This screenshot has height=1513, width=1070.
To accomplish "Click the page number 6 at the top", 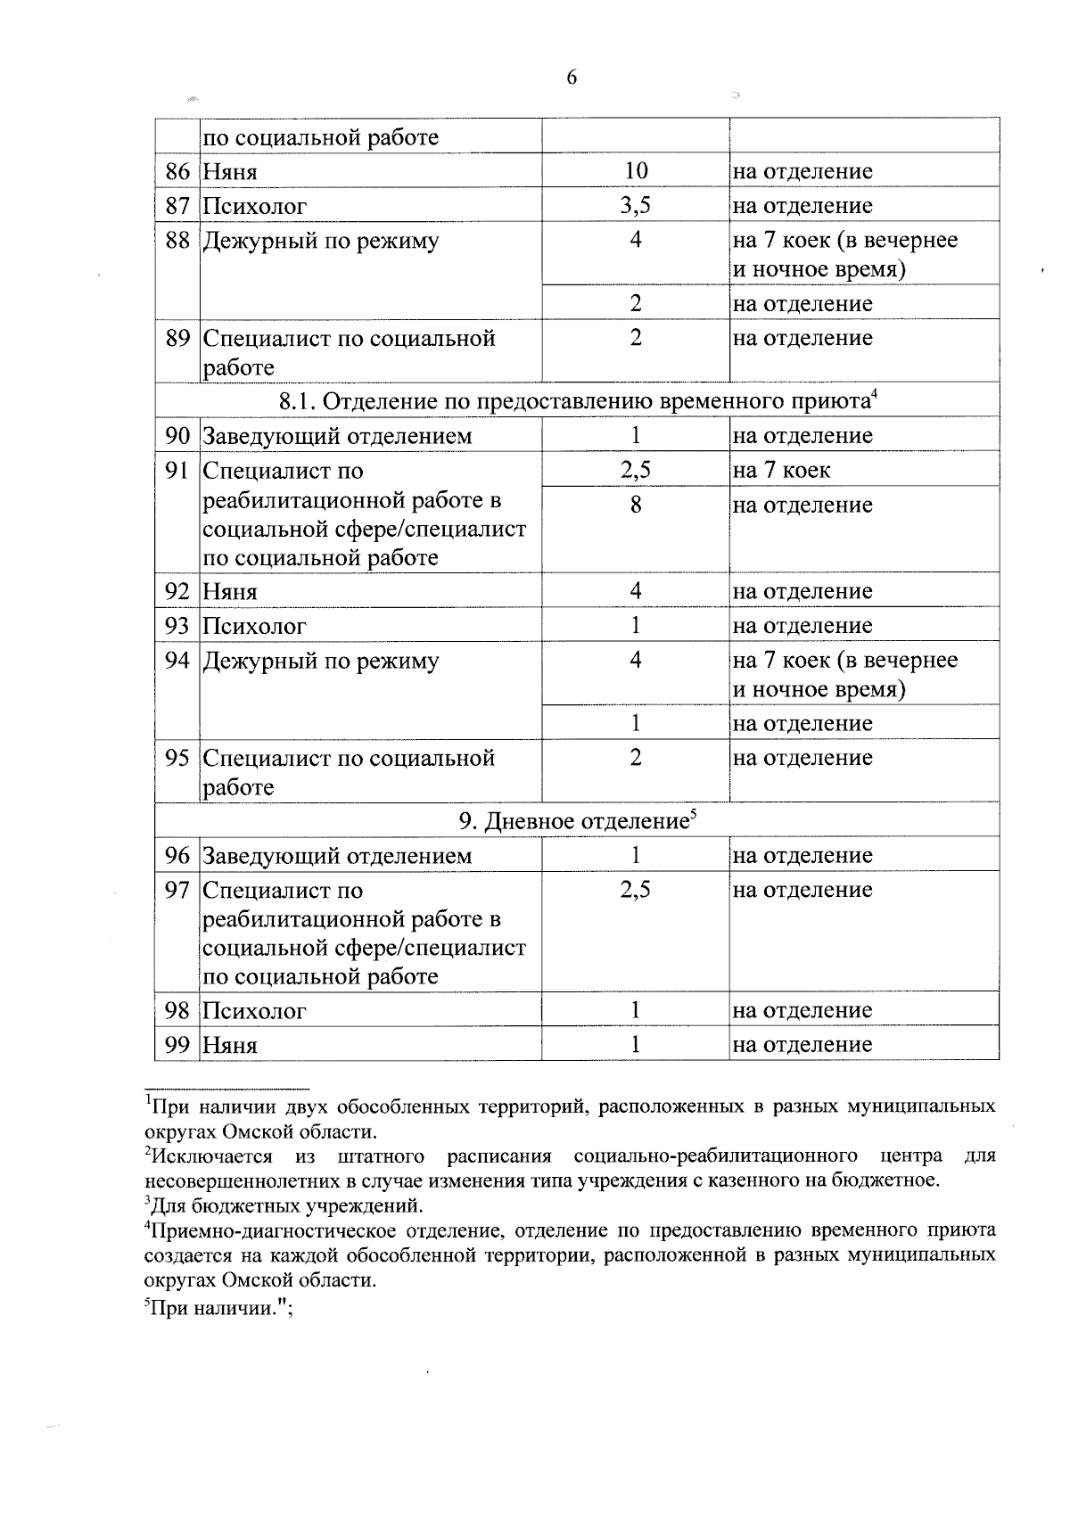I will [572, 78].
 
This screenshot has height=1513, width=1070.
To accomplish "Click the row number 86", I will [178, 171].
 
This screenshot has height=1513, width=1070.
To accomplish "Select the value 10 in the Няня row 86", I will [635, 170].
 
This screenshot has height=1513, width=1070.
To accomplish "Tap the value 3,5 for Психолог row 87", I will [635, 206].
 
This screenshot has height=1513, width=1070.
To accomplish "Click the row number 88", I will [178, 241].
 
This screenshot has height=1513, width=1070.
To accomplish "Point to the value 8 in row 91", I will [635, 505].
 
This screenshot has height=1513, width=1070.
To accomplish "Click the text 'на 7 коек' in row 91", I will [781, 470].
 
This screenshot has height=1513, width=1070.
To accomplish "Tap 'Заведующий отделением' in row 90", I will [337, 436].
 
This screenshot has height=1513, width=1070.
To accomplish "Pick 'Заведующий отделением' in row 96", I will [337, 856].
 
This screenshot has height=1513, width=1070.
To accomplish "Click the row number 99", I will [178, 1045].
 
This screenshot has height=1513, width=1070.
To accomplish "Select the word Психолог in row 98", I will [254, 1011].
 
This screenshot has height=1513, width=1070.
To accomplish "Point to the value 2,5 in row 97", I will [635, 890].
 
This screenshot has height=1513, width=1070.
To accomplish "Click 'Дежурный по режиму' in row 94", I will [321, 661].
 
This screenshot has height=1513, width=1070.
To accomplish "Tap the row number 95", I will [178, 758].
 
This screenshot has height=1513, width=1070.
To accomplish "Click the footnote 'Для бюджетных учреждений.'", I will [284, 1207].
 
